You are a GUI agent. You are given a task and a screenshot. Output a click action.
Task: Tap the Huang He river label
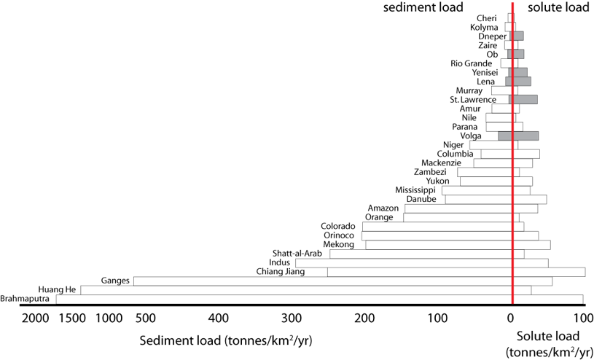(57, 289)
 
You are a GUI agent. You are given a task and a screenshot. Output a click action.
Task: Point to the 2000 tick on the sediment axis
(36, 318)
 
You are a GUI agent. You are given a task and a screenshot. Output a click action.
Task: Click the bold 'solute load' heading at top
(559, 9)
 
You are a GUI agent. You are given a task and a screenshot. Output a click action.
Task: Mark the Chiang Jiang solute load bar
(549, 272)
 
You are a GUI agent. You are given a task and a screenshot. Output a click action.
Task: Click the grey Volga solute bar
(525, 136)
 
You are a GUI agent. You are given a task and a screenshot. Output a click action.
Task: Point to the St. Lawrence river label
(472, 99)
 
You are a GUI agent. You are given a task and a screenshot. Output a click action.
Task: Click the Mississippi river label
(415, 190)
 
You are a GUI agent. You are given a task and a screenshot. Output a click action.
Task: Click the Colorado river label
(338, 226)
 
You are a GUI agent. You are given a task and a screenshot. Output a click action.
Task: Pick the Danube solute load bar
(530, 199)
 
